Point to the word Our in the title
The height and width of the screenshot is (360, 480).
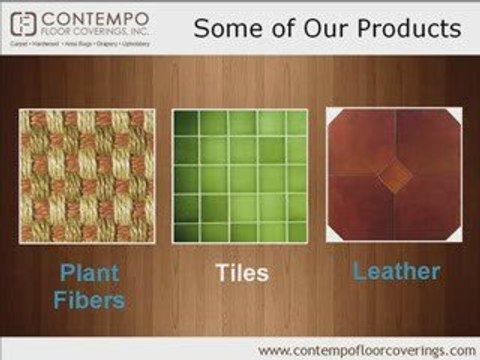[310, 27]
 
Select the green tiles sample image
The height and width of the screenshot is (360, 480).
[240, 175]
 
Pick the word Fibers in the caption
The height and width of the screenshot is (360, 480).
[89, 299]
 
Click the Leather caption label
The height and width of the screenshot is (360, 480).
[396, 271]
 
